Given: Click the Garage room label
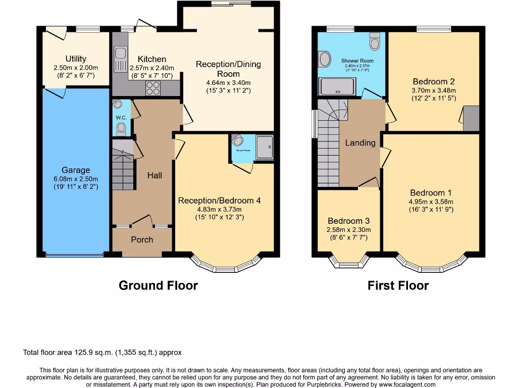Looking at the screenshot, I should (x=76, y=170).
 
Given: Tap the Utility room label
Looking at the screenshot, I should (x=76, y=59).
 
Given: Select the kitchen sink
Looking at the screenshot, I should (x=120, y=59).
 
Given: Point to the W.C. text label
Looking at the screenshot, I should (x=121, y=118).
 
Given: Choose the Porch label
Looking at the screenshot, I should (x=142, y=239).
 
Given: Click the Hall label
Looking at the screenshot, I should (x=154, y=175).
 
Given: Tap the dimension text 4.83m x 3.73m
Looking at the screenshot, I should (x=219, y=210).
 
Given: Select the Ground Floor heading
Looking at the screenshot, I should (x=158, y=285).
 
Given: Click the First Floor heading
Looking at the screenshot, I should (x=398, y=285).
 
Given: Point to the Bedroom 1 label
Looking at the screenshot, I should (x=431, y=192).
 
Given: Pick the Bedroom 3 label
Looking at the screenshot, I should (x=348, y=221).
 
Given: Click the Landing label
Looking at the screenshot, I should (x=360, y=143).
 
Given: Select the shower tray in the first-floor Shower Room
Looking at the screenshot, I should (x=338, y=86).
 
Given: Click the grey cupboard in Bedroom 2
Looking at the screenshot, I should (x=471, y=119).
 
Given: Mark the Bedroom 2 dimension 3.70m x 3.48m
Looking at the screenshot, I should (x=434, y=90).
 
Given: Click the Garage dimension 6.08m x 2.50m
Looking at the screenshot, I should (x=76, y=179).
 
